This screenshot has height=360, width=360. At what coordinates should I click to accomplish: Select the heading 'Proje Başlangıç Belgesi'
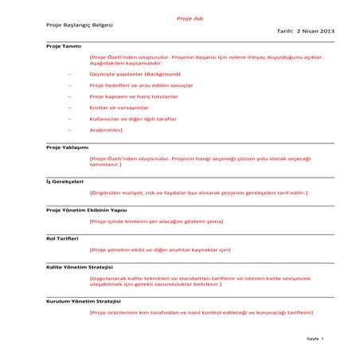point(80,26)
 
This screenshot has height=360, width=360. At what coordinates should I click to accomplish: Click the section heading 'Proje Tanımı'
point(64,47)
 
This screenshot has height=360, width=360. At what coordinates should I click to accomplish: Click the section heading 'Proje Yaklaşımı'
point(68,147)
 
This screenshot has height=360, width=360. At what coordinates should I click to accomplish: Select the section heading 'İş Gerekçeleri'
point(65,182)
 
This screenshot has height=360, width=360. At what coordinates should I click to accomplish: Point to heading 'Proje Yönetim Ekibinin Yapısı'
point(87,209)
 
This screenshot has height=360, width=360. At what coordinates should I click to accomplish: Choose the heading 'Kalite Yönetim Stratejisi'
point(80,266)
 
